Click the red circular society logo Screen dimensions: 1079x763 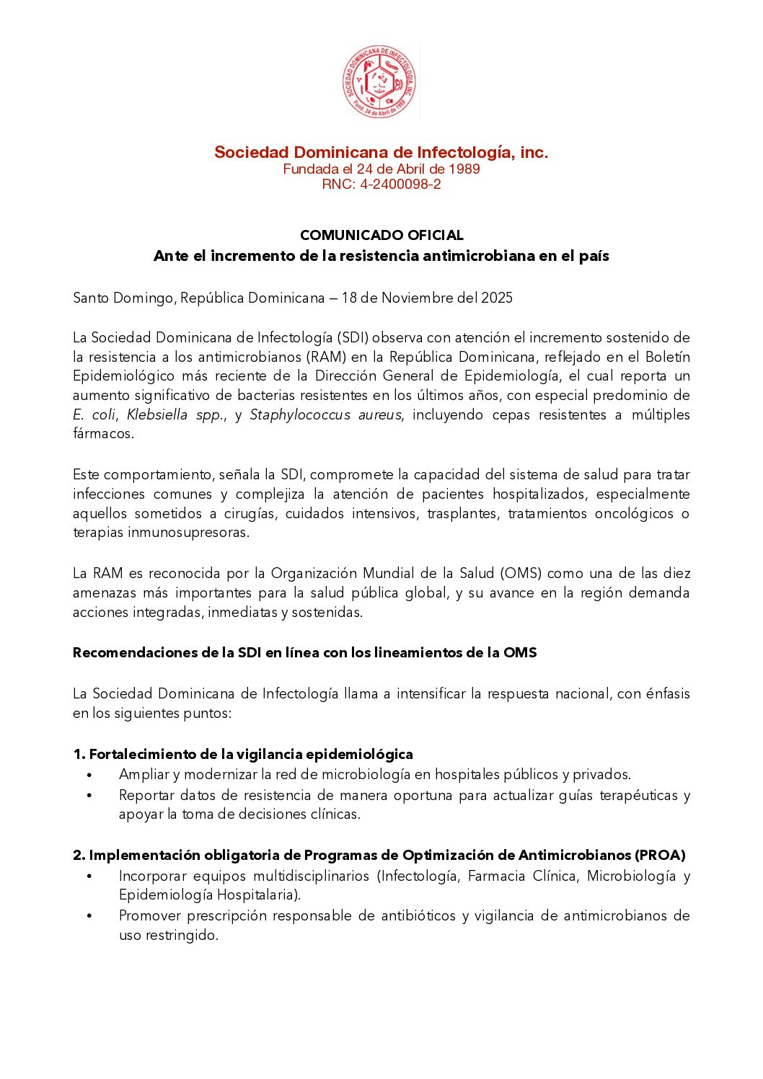coord(379,82)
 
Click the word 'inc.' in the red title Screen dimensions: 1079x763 coord(534,152)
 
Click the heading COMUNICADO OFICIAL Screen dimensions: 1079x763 coord(381,235)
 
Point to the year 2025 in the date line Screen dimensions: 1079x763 coord(497,298)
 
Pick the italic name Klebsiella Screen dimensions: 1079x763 coord(157,414)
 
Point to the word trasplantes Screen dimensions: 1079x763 coord(462,513)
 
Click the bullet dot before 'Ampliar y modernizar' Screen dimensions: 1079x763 coord(89,775)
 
